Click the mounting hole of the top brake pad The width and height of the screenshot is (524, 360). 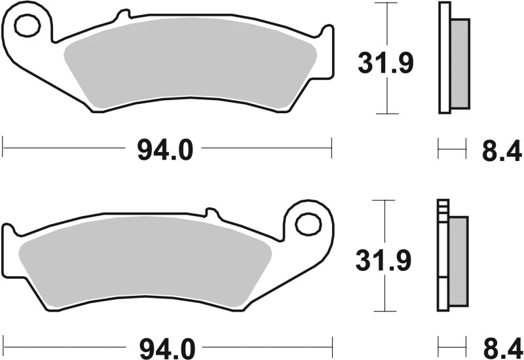pos(28,27)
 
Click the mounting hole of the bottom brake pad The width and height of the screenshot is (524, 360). pos(307,224)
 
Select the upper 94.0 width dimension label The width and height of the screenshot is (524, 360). pos(165,151)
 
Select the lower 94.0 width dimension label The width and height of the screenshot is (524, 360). pos(165,345)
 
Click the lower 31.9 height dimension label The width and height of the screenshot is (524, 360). pos(383,261)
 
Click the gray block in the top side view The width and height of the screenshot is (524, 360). pos(460,63)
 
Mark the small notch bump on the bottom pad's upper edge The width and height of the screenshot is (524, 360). pos(210,213)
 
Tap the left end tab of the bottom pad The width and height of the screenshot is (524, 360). pos(8,232)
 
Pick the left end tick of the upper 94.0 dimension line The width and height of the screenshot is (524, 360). pos(3,147)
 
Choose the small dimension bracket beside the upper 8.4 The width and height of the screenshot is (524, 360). pos(451,149)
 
